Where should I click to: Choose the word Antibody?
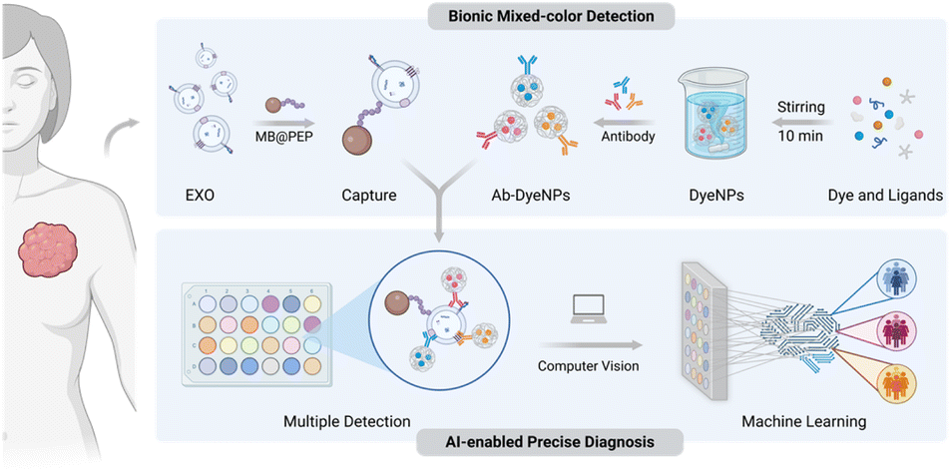click(x=629, y=137)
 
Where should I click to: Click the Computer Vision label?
click(x=589, y=366)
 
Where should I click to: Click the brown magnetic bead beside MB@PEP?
click(x=277, y=105)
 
